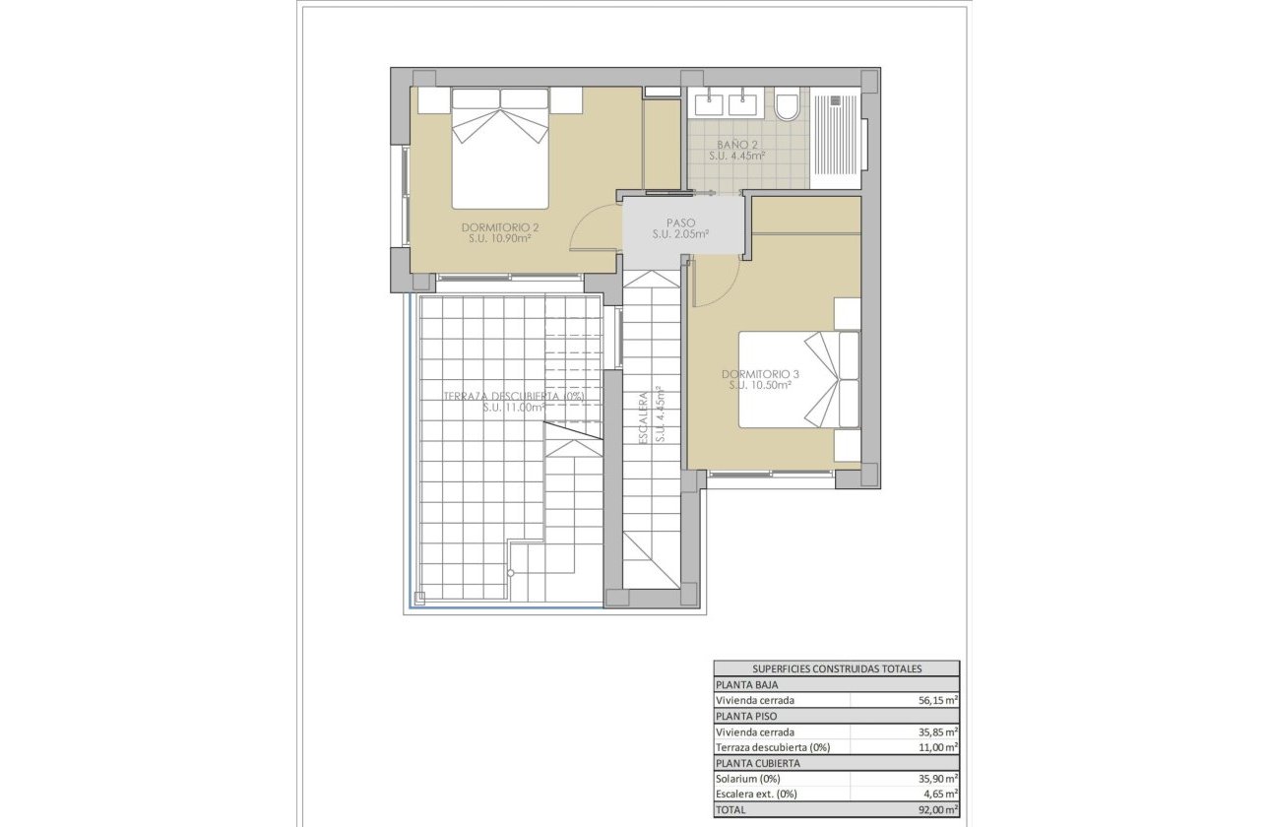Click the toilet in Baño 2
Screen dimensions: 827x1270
(x=788, y=105)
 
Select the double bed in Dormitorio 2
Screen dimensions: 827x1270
(x=500, y=148)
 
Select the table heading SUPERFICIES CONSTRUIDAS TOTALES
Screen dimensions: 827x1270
(x=836, y=668)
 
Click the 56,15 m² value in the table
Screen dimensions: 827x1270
(x=931, y=700)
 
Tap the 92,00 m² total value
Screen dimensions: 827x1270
(x=931, y=809)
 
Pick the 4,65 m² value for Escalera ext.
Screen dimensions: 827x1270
(x=935, y=794)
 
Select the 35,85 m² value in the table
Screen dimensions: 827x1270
(x=931, y=732)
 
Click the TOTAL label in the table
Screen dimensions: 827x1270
(x=732, y=809)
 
